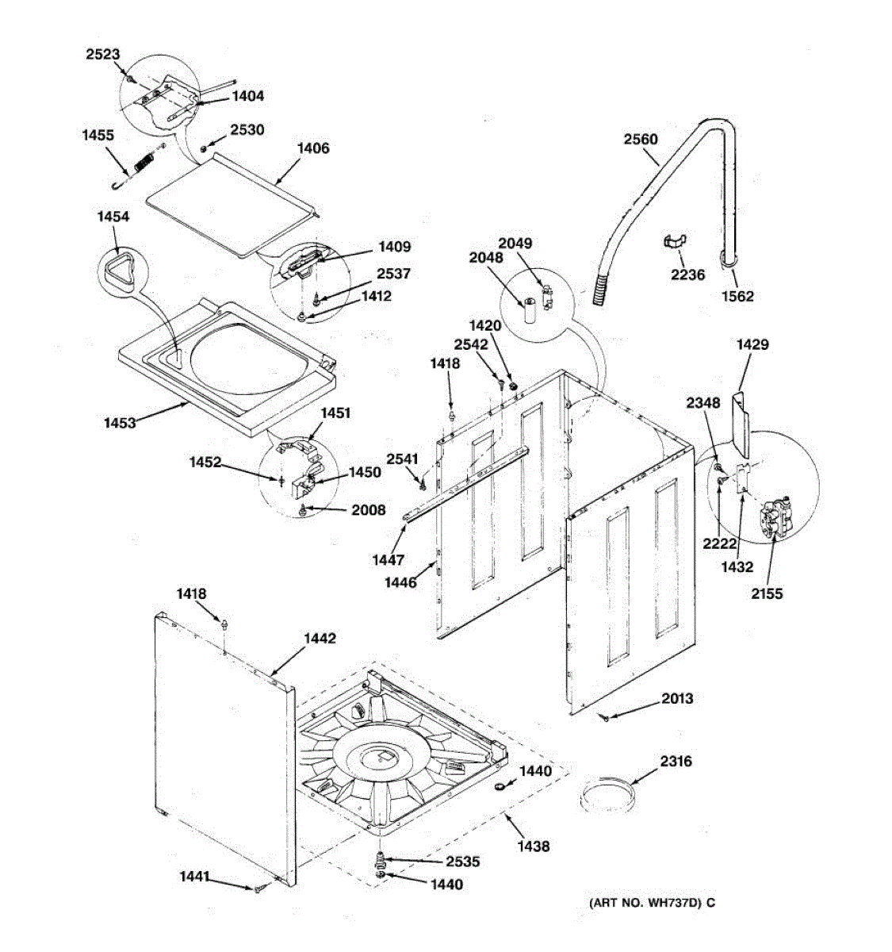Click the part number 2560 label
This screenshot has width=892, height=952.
click(x=640, y=140)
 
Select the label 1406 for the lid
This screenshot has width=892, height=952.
click(x=312, y=148)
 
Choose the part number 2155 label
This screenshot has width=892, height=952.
click(x=767, y=593)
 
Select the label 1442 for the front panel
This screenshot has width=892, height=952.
click(x=320, y=639)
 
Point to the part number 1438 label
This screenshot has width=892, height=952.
click(x=533, y=846)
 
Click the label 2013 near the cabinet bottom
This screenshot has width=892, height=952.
click(x=677, y=698)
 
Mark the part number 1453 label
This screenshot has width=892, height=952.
click(x=120, y=423)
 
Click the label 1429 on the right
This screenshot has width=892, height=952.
click(x=752, y=345)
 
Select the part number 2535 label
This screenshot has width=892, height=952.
click(x=462, y=862)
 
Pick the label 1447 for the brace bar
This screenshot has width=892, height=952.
click(x=388, y=560)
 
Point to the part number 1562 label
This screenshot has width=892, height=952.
click(x=737, y=296)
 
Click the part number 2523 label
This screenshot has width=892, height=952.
click(x=103, y=55)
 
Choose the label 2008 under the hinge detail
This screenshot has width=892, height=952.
click(x=369, y=510)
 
